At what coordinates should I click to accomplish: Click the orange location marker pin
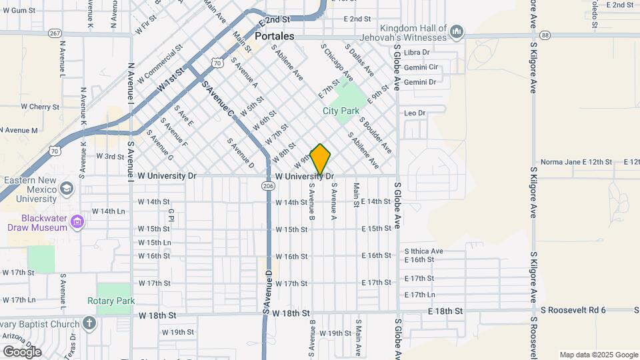[x=321, y=160]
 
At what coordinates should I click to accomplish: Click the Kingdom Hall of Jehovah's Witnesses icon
[x=457, y=32]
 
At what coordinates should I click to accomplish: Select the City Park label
[x=341, y=111]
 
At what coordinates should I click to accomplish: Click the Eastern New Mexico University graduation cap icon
[x=67, y=189]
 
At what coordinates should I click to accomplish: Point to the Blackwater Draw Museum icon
[x=77, y=221]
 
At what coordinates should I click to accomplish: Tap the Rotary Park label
[x=111, y=301]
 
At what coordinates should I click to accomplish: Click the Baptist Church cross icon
[x=90, y=323]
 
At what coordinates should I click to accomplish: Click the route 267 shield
[x=55, y=33]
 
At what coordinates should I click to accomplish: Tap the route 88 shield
[x=545, y=35]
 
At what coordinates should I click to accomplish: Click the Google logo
[x=22, y=351]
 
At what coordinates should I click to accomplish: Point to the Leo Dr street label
[x=415, y=113]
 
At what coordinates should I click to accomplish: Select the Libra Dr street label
[x=417, y=52]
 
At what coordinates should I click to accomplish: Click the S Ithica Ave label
[x=423, y=251]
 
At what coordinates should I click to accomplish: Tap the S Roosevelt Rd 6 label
[x=573, y=310]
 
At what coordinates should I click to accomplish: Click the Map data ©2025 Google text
[x=598, y=355]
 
